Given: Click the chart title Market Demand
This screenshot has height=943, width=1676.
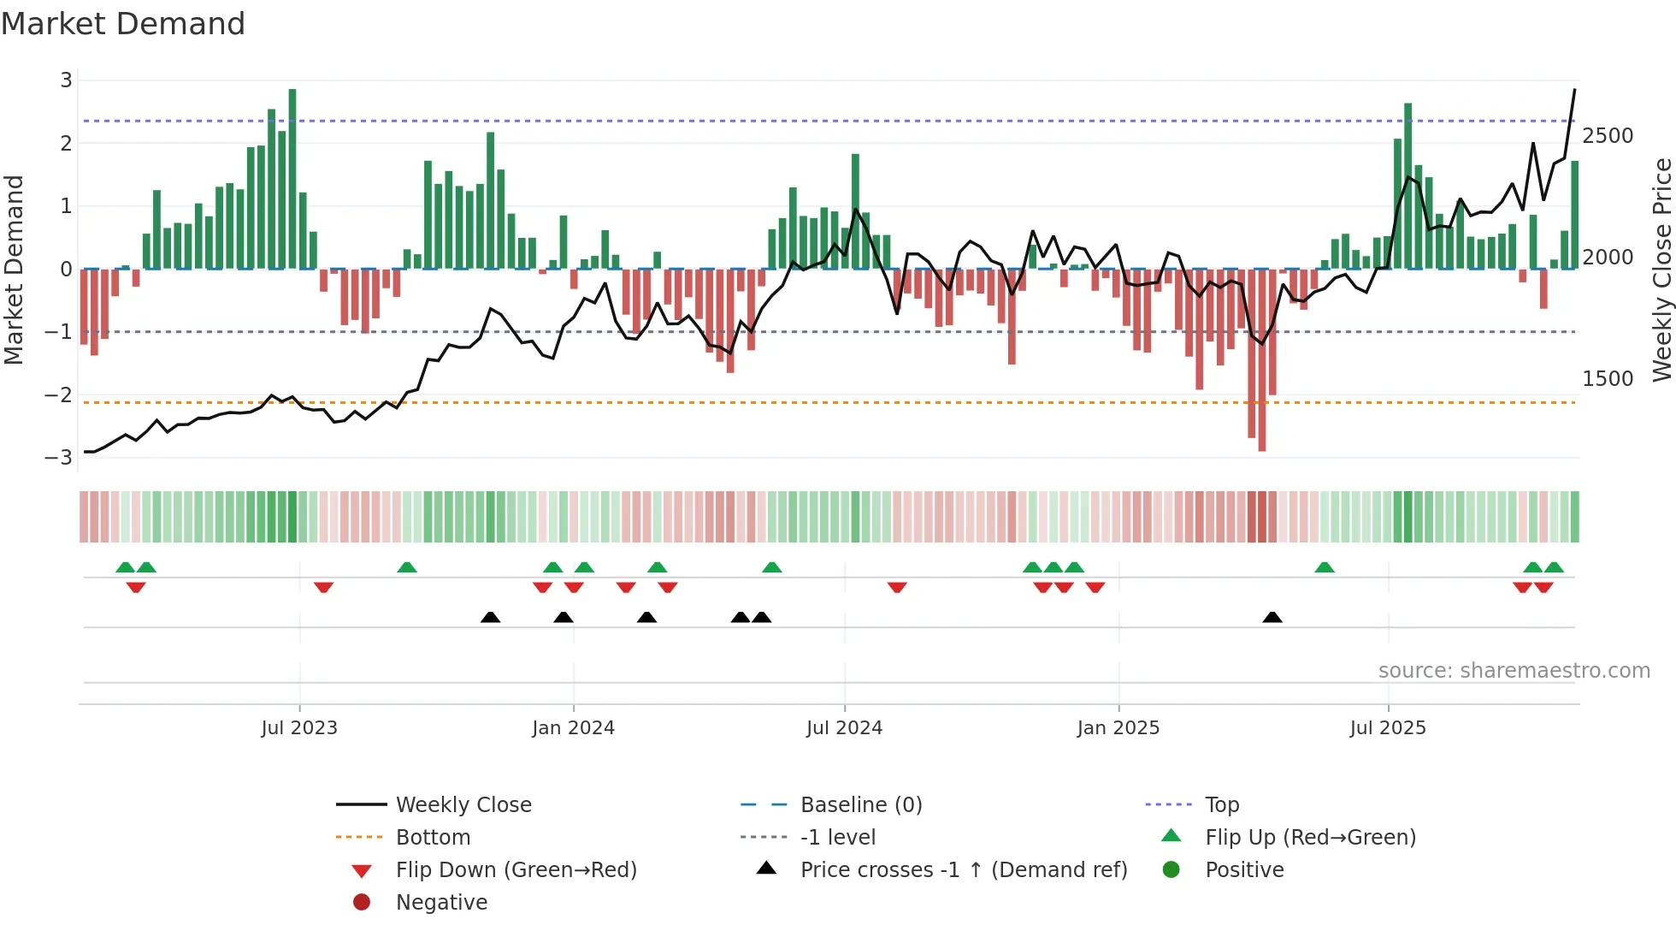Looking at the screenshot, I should (123, 24).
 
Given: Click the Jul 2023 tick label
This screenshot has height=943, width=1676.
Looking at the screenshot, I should (299, 728).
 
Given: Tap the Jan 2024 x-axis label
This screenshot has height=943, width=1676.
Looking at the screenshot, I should (573, 728).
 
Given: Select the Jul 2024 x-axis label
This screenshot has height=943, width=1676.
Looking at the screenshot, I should (844, 728).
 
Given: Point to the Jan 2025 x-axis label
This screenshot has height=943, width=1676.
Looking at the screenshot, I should (1118, 728).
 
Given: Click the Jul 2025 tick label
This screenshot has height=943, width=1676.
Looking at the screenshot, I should (1388, 728).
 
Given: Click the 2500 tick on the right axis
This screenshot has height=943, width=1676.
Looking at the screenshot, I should (1608, 136).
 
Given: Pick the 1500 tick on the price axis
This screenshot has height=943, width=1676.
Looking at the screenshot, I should (1608, 379).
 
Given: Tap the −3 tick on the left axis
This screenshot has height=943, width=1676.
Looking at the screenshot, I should (59, 458).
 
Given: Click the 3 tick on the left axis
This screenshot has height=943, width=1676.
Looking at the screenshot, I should (66, 80).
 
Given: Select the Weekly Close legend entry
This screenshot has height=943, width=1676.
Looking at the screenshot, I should (463, 805).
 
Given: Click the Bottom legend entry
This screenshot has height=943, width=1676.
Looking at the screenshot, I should (433, 838).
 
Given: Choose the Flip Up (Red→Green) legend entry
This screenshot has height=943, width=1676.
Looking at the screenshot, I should (1310, 838).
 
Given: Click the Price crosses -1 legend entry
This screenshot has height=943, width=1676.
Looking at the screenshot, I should (963, 870).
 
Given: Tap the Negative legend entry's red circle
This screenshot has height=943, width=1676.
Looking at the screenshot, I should (362, 903).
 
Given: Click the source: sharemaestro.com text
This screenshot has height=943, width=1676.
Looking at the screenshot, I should (1514, 671).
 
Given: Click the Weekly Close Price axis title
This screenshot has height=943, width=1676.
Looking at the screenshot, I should (1661, 270).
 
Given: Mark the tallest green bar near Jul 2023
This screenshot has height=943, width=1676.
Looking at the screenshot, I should (292, 179).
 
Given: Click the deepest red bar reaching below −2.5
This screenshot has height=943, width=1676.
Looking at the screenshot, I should (1262, 359).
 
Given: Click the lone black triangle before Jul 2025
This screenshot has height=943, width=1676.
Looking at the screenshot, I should (1272, 618).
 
